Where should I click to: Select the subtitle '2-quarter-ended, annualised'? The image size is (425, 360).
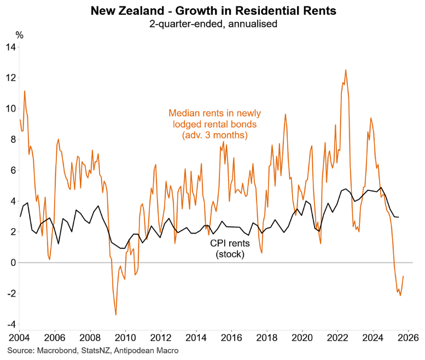[212, 24]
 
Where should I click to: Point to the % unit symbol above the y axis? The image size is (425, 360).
[20, 35]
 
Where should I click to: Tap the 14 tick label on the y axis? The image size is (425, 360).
[10, 47]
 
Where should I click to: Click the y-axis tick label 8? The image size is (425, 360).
[13, 140]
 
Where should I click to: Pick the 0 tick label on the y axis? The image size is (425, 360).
[13, 263]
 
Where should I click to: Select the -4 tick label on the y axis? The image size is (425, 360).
[11, 324]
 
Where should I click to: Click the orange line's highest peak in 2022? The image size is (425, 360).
[346, 70]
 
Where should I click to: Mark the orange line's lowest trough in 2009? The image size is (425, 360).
[116, 315]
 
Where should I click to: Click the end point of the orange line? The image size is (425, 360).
[404, 276]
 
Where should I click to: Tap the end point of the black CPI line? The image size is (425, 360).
[398, 217]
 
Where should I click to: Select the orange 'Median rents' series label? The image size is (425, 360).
[215, 124]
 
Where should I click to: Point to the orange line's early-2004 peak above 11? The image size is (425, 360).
[25, 91]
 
